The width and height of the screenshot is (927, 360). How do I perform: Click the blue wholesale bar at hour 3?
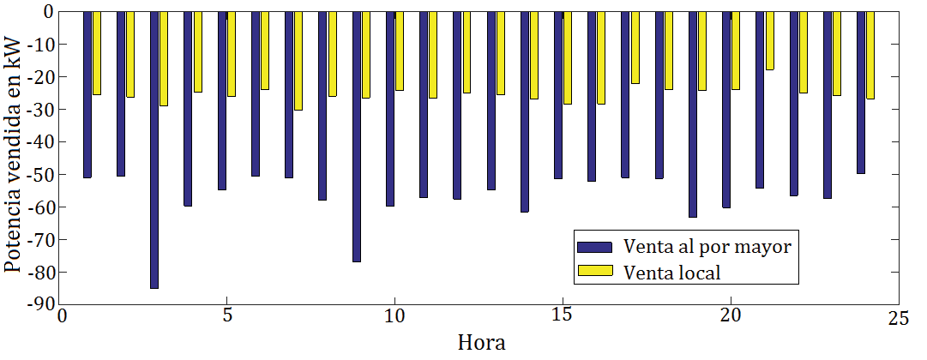(x=154, y=150)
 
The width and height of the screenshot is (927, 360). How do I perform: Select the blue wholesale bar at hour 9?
(x=356, y=137)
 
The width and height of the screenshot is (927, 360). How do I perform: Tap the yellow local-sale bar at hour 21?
(x=769, y=40)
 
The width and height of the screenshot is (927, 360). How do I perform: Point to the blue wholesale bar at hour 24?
(x=860, y=93)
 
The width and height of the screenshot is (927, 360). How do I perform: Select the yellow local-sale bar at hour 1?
(x=97, y=53)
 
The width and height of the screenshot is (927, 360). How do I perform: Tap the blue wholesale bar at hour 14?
(x=524, y=111)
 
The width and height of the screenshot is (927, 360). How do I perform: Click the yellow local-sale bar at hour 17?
(x=635, y=48)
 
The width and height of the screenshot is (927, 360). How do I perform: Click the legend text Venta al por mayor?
(x=707, y=247)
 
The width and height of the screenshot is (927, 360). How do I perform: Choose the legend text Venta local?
(x=672, y=273)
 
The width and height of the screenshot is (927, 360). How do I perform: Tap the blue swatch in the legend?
(x=595, y=247)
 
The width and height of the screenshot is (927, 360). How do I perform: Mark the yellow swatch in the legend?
(x=595, y=272)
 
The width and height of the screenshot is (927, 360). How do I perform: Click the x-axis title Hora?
(x=481, y=344)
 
